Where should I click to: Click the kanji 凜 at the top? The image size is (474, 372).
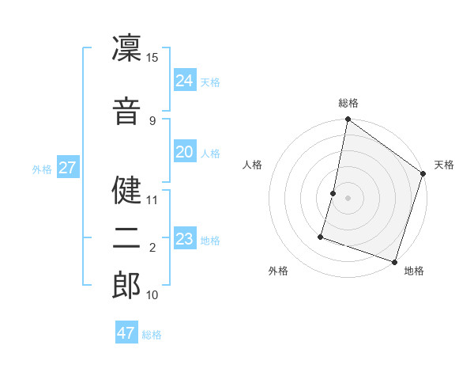[126, 49]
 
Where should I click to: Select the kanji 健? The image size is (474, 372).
[126, 190]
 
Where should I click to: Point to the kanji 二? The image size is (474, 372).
[126, 238]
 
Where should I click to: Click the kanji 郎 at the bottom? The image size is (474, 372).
[126, 285]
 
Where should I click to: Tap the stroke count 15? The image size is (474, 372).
[152, 58]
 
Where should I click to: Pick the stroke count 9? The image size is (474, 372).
[152, 120]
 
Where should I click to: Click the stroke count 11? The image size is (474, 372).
[152, 199]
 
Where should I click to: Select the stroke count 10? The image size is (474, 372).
[152, 295]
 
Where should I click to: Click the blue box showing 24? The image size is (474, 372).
[185, 81]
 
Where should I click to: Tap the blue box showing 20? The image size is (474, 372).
[185, 152]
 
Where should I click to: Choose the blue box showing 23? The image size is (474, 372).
[185, 239]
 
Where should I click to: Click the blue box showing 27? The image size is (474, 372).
[68, 168]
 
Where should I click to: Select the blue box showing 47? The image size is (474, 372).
[126, 333]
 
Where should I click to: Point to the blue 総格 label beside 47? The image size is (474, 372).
[152, 335]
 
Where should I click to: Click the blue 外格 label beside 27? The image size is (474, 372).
[42, 169]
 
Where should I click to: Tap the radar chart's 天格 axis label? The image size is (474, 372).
[444, 165]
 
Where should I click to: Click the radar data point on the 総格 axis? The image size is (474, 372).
[348, 120]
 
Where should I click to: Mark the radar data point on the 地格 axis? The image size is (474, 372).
[394, 261]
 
